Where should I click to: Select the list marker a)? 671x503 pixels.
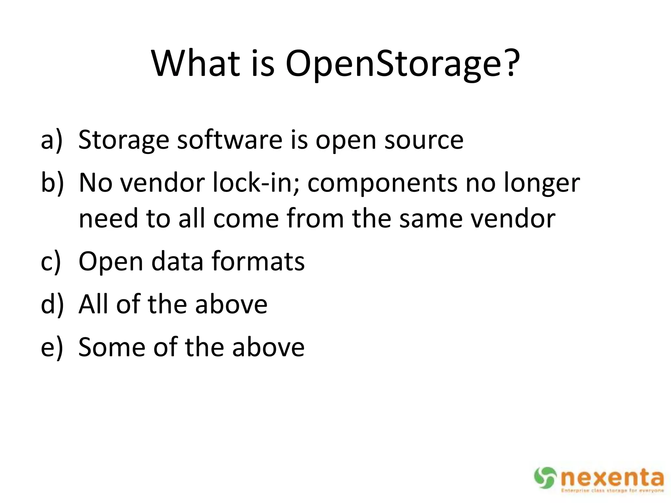click(x=51, y=140)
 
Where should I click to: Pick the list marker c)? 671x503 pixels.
click(x=51, y=261)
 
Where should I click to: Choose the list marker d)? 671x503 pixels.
click(x=52, y=304)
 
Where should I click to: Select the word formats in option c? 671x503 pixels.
click(x=258, y=261)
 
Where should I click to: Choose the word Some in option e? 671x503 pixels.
click(x=112, y=347)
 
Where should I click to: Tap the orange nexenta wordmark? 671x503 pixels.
click(x=612, y=478)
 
